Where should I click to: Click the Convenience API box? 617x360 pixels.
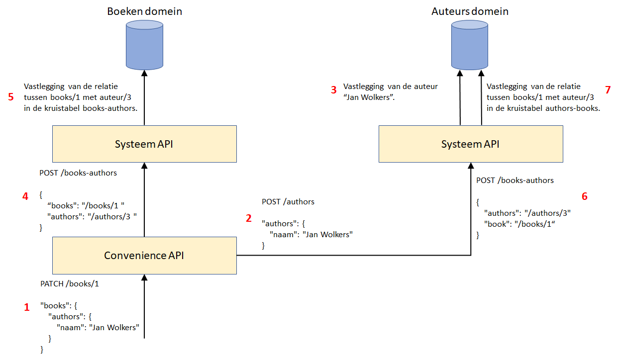(144, 256)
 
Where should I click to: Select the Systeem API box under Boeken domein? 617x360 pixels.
(144, 144)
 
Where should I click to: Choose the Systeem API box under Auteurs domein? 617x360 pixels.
(471, 144)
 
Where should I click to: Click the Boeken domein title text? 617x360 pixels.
(144, 11)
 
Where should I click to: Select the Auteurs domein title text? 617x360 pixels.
(470, 11)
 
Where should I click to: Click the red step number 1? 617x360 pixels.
(27, 308)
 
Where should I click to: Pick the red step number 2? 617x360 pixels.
(249, 218)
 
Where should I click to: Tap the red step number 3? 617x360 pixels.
(334, 90)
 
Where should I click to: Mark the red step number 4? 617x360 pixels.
(25, 196)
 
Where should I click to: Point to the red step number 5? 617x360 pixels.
(11, 96)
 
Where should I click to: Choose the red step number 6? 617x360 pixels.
(584, 196)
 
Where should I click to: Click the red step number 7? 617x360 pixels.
(607, 90)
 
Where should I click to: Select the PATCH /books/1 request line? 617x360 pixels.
(70, 284)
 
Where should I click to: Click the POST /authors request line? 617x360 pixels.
(288, 202)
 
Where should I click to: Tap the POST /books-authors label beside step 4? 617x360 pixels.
(78, 173)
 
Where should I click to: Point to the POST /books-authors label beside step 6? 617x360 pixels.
(515, 180)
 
